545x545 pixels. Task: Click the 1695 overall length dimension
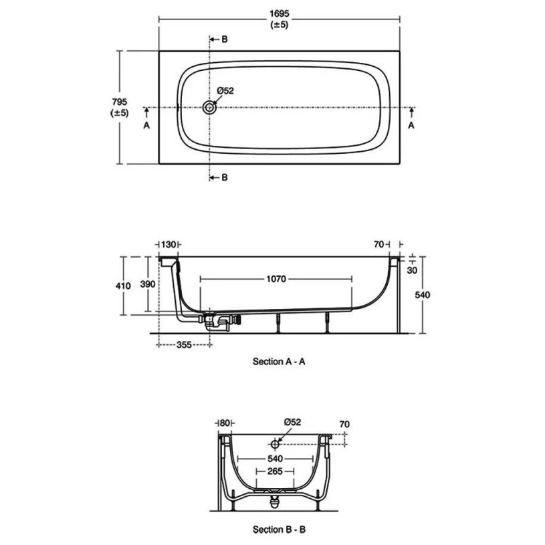[x=279, y=13]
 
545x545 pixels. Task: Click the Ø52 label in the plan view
[x=225, y=91]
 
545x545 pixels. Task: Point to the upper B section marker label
[x=225, y=39]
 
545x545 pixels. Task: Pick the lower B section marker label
[x=225, y=177]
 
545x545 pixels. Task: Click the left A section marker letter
[x=146, y=125]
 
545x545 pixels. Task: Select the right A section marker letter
[x=411, y=125]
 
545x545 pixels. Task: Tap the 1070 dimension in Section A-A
[x=276, y=280]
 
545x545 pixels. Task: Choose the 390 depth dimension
[x=148, y=284]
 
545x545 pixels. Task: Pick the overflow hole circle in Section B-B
[x=275, y=443]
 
